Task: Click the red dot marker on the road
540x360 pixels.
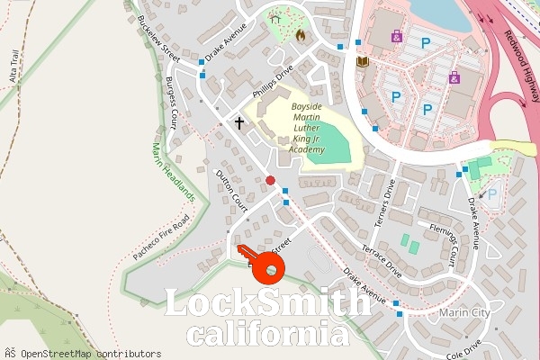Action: click(x=270, y=180)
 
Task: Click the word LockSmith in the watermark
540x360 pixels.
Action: click(x=268, y=303)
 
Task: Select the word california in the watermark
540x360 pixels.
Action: click(x=268, y=336)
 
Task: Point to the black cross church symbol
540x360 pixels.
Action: click(x=239, y=121)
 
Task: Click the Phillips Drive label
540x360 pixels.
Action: click(x=273, y=83)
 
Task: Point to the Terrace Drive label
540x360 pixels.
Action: click(x=380, y=258)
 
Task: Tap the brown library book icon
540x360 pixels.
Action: click(x=364, y=61)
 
